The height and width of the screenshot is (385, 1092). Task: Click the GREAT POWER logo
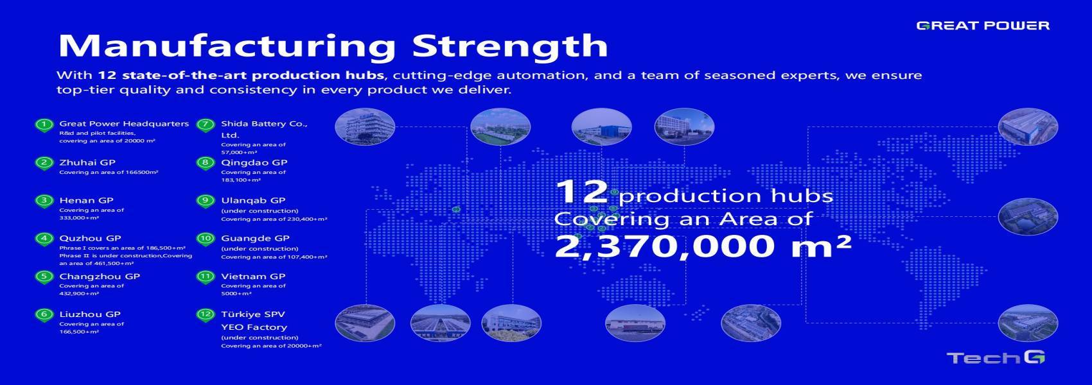point(983,26)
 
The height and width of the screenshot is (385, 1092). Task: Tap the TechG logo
point(996,358)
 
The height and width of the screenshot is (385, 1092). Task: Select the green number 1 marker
point(44,124)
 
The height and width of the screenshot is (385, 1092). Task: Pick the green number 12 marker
point(206,315)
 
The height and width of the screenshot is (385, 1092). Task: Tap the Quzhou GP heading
point(90,239)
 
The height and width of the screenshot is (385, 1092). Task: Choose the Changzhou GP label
point(100,277)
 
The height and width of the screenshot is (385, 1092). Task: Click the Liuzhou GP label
point(90,314)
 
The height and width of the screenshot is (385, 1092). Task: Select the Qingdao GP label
point(254,162)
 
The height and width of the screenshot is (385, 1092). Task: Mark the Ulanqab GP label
point(253,201)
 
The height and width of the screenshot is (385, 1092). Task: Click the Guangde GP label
point(255,239)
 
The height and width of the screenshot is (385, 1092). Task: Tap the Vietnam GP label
point(253,277)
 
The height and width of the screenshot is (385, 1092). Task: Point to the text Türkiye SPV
point(253,314)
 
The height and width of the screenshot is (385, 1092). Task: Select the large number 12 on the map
point(582,192)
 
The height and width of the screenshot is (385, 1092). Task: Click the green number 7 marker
point(206,124)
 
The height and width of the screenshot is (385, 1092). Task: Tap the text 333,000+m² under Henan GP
point(79,218)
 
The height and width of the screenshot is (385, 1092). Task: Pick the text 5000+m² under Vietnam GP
point(236,293)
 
